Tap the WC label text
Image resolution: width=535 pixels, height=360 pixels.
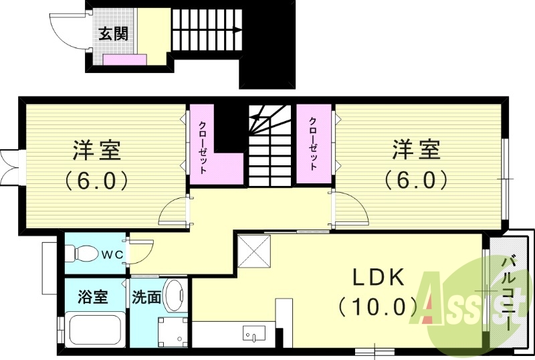point(111,254)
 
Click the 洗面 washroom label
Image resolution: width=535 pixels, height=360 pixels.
point(146,296)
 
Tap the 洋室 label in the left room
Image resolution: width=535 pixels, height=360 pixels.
point(97,151)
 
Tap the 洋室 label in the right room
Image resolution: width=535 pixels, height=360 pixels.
point(416,151)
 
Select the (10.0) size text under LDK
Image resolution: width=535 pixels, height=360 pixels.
point(379,307)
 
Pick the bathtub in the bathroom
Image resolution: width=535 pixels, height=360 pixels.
point(93,329)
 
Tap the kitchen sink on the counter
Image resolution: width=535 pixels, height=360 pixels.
point(254,332)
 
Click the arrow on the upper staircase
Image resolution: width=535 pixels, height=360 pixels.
point(235,29)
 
